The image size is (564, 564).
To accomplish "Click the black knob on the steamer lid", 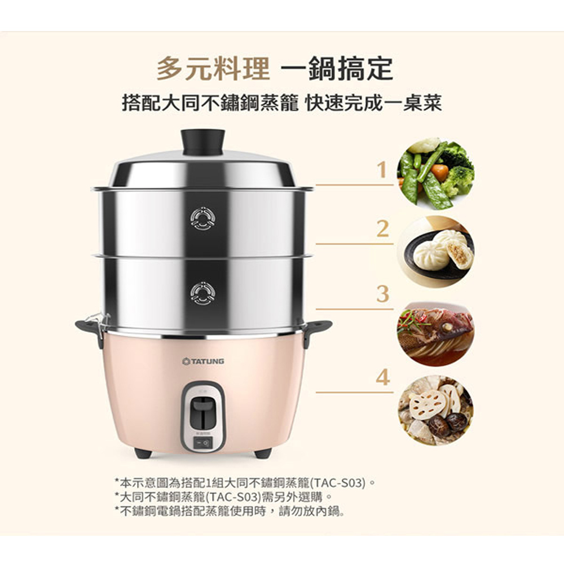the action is (202, 142).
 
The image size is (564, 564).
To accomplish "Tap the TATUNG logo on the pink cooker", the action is (203, 361).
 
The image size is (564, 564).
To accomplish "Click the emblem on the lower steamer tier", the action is (203, 293).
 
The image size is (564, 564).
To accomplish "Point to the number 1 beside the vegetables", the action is (382, 169).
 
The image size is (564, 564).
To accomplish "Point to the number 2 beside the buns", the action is (382, 229).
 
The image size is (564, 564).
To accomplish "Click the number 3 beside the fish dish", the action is (383, 294).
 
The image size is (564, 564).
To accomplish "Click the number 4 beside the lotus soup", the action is (383, 377).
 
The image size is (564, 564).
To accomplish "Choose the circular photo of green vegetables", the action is (435, 173).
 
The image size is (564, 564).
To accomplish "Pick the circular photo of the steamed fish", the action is (435, 332).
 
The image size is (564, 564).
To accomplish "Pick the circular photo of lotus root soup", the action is (435, 411).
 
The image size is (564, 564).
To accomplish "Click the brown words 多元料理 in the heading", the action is (213, 68).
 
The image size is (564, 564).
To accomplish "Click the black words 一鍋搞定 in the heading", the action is (337, 68).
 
